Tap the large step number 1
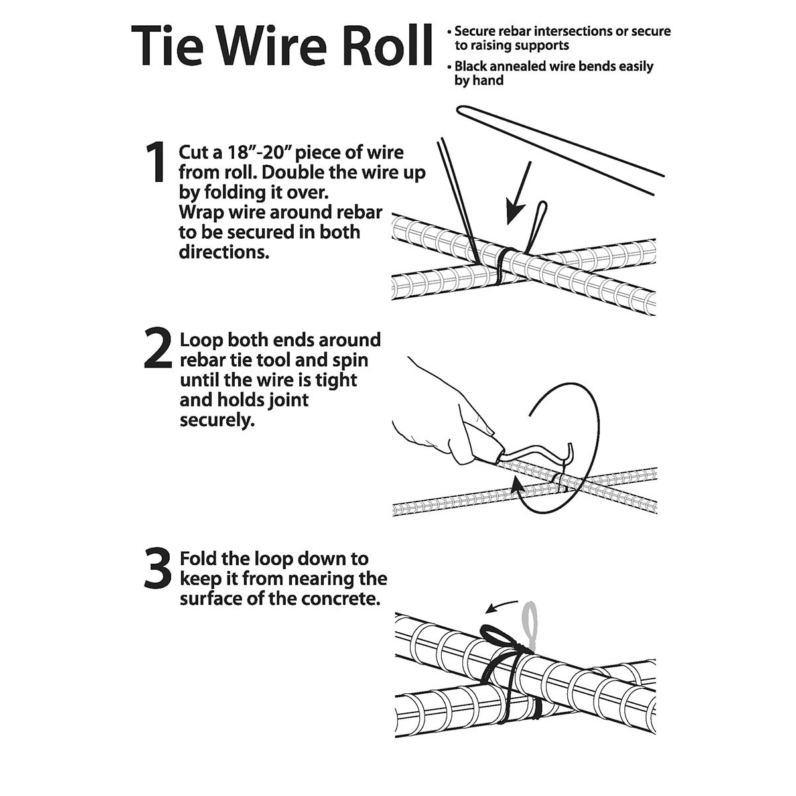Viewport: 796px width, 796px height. tap(156, 163)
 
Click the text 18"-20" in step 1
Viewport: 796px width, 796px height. tap(257, 152)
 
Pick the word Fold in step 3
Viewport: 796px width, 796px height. tap(199, 559)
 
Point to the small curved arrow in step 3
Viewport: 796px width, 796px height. tap(501, 605)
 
